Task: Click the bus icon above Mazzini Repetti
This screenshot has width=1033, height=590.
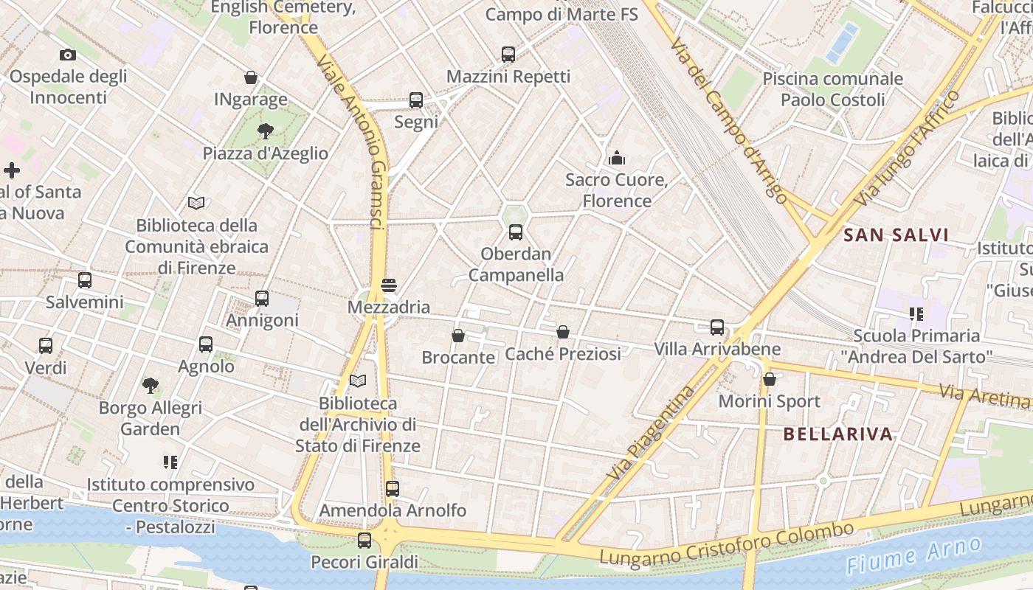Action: tap(508, 54)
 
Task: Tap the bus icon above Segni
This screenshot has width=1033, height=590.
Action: tap(416, 100)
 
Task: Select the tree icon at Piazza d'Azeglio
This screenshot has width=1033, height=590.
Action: tap(265, 131)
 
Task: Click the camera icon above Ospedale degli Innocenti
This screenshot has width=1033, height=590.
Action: tap(68, 55)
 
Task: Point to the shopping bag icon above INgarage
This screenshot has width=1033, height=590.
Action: tap(251, 77)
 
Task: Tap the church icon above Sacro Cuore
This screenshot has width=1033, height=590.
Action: tap(616, 157)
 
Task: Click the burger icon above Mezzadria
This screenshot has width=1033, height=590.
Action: tap(389, 285)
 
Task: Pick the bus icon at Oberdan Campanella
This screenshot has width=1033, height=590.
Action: tap(516, 232)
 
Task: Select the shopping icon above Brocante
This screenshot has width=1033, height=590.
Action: tap(458, 336)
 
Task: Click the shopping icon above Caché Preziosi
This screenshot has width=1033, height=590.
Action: tap(563, 332)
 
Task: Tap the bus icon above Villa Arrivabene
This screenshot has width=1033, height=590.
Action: tap(717, 327)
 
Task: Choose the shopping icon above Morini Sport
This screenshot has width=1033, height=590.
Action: tap(770, 379)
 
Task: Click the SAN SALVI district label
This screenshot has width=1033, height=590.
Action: tap(896, 235)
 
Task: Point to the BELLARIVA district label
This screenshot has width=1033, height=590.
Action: tap(838, 434)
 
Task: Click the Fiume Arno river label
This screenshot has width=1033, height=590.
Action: tap(914, 555)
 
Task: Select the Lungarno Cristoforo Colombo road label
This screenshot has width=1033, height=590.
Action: tap(726, 544)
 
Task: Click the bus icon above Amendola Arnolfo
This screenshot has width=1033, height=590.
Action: tap(393, 488)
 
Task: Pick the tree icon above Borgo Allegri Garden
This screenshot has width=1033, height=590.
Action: tap(151, 385)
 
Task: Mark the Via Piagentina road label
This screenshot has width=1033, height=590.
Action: tap(652, 432)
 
